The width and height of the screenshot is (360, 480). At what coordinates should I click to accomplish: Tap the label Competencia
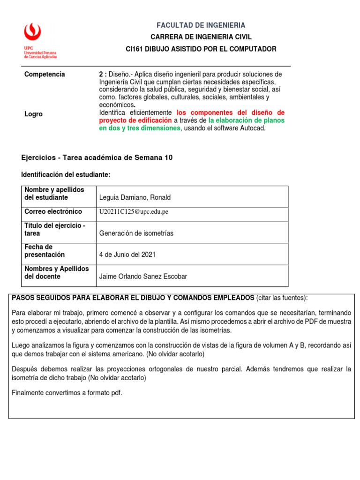point(45,74)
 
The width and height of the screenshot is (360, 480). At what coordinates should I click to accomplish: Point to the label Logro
point(33,114)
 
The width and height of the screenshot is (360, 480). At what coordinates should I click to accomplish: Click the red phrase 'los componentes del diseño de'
point(231,113)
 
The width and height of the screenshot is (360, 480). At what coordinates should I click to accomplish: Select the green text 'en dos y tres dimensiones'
point(140,128)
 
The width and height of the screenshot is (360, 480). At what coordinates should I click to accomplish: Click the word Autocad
point(254,128)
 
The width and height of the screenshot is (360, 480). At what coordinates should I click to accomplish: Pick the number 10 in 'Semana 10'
point(168,157)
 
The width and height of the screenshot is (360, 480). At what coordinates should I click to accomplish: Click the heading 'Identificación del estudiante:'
point(66,174)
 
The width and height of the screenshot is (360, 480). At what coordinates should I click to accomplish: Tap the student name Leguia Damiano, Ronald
point(135,198)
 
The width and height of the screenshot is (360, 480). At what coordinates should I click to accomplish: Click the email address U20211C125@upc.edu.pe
point(134,212)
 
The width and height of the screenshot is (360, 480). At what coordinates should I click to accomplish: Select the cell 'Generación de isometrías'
point(136,233)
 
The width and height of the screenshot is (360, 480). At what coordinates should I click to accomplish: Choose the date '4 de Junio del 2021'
point(127,255)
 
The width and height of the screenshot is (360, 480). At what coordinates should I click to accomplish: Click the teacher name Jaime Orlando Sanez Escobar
point(143,277)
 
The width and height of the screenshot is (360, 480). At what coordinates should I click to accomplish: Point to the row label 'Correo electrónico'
point(53,211)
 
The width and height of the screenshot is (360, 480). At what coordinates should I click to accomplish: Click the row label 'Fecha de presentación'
point(45,251)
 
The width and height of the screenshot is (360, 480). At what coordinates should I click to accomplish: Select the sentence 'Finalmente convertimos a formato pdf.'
point(67,393)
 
